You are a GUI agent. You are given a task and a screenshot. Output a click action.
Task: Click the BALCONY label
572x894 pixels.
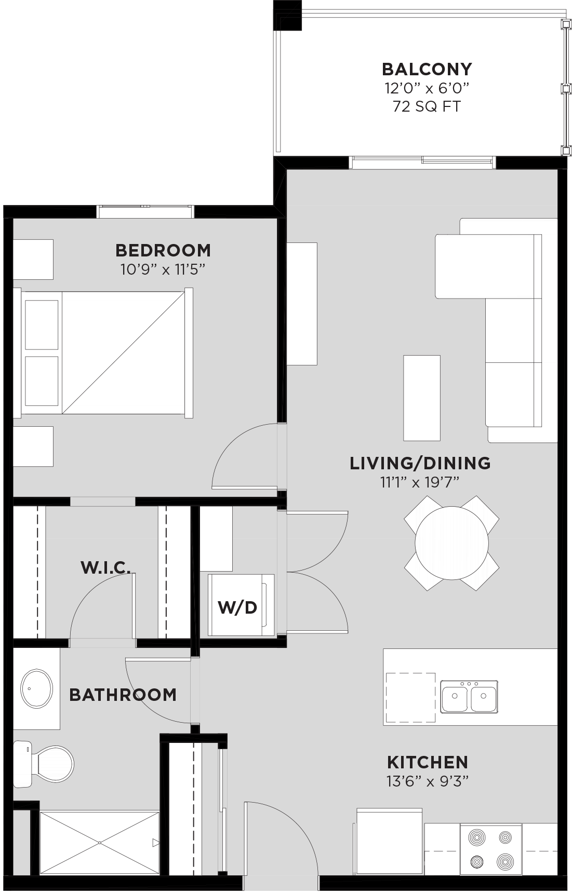click(427, 69)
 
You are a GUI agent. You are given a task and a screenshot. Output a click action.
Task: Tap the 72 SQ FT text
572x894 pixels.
click(427, 106)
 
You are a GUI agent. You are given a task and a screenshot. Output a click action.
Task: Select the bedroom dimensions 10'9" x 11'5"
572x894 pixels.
click(163, 269)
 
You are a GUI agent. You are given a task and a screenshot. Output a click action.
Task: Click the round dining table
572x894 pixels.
click(451, 543)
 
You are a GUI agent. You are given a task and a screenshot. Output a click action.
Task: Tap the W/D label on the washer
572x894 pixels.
click(237, 607)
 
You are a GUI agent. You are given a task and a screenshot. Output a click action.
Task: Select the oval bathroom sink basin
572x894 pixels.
click(36, 688)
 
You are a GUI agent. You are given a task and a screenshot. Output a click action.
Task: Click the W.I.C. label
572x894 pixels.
click(105, 567)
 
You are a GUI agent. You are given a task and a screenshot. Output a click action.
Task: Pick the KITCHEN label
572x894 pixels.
click(428, 762)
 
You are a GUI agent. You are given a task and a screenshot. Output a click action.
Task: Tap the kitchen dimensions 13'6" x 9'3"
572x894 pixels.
click(428, 781)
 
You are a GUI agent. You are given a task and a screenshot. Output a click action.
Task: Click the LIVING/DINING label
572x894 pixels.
click(420, 463)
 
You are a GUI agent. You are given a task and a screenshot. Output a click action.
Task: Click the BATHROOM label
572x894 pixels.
click(123, 695)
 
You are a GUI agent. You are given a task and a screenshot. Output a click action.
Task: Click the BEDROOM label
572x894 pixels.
click(163, 250)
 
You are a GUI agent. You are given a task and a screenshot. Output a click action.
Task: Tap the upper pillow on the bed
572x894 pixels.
click(42, 324)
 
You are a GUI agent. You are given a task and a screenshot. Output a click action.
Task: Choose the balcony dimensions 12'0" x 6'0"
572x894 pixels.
click(427, 88)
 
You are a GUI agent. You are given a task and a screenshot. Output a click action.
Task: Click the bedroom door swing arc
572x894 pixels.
click(229, 441)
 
